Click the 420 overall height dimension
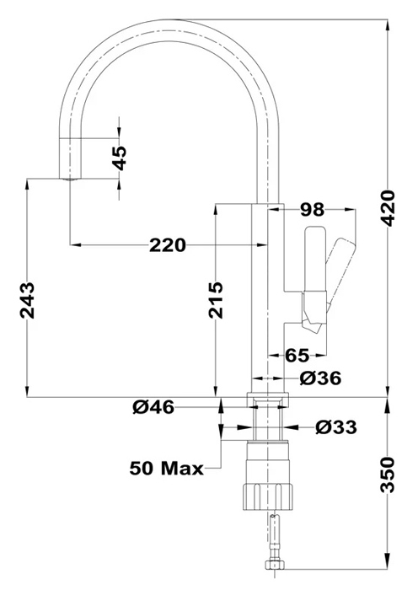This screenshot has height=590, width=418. (388, 209)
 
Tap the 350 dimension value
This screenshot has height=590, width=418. (388, 475)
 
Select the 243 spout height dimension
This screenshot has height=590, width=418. (27, 300)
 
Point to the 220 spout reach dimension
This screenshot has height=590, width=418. (168, 245)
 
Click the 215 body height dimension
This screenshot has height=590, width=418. (216, 299)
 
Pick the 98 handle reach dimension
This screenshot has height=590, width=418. (313, 210)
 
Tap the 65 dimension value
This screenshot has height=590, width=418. (297, 355)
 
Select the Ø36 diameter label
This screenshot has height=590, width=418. (320, 378)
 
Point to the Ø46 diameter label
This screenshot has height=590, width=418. (153, 407)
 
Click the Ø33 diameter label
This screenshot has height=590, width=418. (336, 427)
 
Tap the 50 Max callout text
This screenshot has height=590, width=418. (166, 469)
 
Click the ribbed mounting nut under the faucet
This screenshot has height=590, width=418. (267, 496)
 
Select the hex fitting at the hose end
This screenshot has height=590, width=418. (276, 565)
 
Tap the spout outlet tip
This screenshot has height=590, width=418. (70, 178)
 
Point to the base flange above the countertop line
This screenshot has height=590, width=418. (267, 400)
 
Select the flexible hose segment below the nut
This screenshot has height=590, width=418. (276, 536)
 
